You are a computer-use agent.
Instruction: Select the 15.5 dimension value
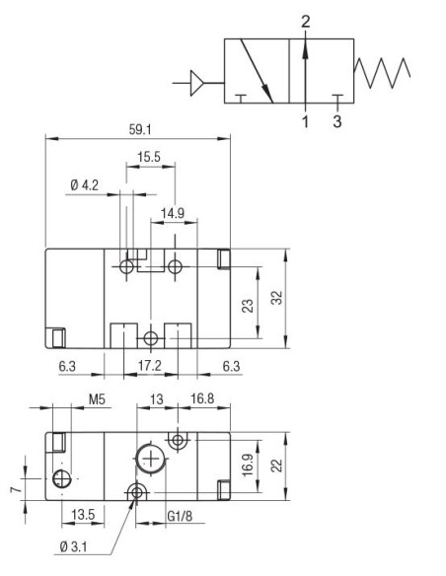click(x=149, y=157)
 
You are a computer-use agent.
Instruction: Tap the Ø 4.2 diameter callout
click(x=86, y=183)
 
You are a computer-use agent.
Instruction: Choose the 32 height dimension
click(x=277, y=298)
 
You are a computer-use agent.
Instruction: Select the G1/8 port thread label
click(x=180, y=514)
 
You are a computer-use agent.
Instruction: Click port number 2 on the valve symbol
click(x=306, y=21)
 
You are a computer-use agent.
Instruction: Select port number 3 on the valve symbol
click(x=338, y=123)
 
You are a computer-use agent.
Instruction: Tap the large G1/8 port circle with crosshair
click(x=149, y=459)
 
